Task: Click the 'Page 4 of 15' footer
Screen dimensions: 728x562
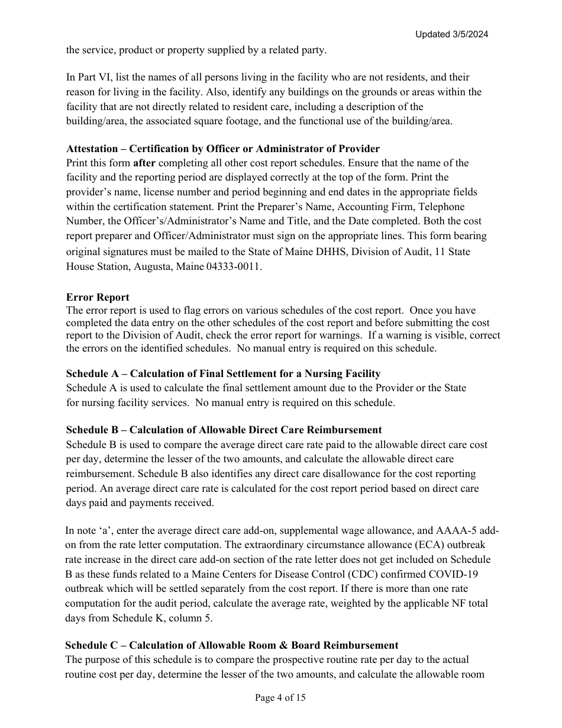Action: [280, 698]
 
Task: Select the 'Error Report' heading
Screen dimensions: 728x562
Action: [98, 297]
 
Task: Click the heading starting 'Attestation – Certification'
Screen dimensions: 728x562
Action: [223, 149]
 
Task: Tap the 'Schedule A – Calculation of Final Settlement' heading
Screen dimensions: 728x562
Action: [223, 373]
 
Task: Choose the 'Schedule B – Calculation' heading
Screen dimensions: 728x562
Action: [224, 430]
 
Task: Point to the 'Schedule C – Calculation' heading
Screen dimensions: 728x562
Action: [231, 645]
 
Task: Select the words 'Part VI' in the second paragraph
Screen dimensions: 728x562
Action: [90, 77]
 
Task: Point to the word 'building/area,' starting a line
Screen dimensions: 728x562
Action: [93, 121]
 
